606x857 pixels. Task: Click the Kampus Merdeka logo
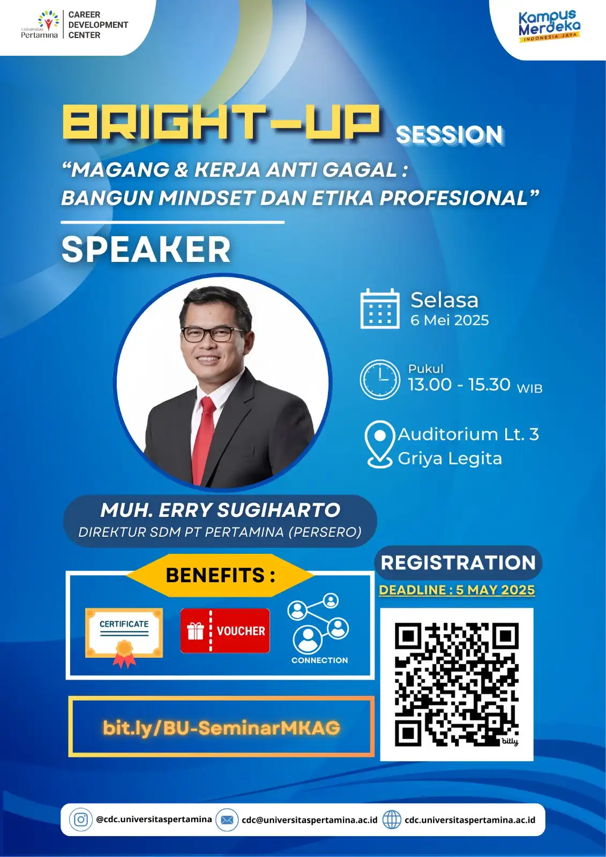point(549,26)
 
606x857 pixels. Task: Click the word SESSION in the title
point(450,135)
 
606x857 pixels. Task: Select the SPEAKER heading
point(146,250)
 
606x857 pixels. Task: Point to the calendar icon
point(380,309)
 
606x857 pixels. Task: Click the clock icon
point(379,379)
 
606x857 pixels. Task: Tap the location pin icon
point(379,444)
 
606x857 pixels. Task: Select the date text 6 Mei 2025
point(450,320)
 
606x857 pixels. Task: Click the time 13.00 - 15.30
point(459,385)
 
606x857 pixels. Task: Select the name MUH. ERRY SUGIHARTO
point(220,510)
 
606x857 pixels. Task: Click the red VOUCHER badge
point(225,631)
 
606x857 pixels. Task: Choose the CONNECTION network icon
point(318,624)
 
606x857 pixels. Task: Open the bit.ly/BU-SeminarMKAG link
point(221,727)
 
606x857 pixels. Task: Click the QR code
point(457,684)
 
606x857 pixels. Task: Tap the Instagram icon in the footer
point(81,820)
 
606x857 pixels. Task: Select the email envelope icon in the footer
point(227,820)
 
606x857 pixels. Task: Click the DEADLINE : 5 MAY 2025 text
point(457,590)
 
